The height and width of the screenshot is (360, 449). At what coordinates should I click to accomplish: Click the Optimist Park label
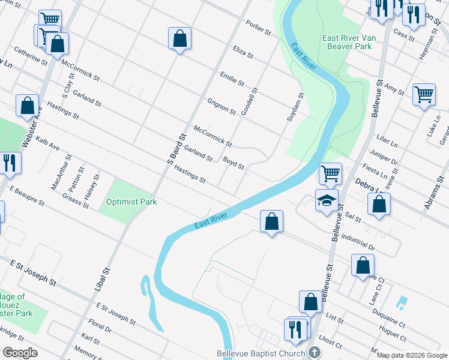[131, 202]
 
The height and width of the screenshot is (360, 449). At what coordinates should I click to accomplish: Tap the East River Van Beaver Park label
[349, 42]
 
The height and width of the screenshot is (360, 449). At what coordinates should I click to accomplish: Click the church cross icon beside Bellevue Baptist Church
[314, 353]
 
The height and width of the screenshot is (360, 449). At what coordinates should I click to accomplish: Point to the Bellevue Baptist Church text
[261, 353]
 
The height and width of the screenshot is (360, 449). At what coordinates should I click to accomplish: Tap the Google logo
[19, 353]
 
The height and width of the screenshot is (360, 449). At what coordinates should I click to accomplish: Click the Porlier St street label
[259, 27]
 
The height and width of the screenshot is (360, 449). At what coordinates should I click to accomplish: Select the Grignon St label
[221, 106]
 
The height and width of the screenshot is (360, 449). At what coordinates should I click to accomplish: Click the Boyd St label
[234, 163]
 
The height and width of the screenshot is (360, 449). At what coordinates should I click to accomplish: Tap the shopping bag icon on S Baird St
[179, 39]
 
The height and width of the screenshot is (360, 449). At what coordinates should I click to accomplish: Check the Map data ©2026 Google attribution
[411, 355]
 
